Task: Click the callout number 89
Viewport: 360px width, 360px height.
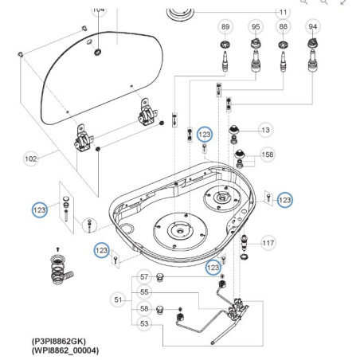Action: (225, 26)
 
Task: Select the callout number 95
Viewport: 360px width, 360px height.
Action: (256, 26)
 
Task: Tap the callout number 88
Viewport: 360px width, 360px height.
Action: (284, 26)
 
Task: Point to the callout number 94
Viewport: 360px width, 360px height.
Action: (313, 26)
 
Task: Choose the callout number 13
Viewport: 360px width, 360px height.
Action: (266, 130)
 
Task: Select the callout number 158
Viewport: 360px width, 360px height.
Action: (268, 154)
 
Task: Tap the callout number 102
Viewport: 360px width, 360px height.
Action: (30, 158)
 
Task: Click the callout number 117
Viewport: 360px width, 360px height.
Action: (268, 242)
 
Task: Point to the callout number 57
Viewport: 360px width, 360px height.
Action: (144, 277)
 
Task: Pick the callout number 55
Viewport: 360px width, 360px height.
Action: (144, 292)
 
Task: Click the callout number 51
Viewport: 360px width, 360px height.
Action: (119, 299)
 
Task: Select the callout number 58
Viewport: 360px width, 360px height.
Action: (144, 308)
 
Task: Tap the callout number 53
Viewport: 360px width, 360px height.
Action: (144, 323)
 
